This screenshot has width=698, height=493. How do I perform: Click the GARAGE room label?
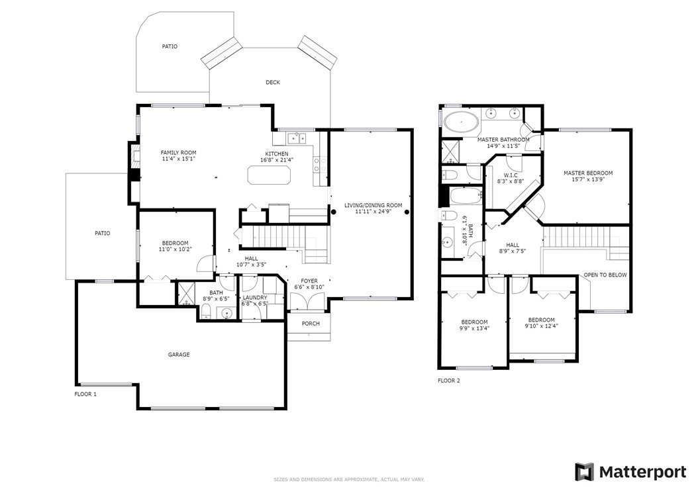tap(179, 355)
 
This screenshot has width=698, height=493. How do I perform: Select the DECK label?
tap(273, 82)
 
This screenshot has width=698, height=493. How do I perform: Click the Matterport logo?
tap(630, 472)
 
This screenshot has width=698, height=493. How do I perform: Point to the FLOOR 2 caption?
tap(449, 381)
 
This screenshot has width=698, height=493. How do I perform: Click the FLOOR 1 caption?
tap(85, 394)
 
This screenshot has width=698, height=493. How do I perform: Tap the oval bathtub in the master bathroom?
tap(462, 122)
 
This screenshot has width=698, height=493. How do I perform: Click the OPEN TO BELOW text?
tap(605, 275)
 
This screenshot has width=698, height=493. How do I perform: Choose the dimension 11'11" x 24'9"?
tap(373, 212)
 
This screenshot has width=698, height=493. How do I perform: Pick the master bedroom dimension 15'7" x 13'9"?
tap(588, 180)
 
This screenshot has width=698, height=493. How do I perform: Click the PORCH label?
tap(311, 324)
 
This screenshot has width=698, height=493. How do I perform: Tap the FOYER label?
tap(309, 281)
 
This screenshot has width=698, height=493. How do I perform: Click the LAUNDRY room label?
tap(255, 298)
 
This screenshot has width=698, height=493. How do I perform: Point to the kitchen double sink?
tap(297, 138)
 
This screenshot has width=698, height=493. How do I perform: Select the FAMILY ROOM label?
tap(179, 153)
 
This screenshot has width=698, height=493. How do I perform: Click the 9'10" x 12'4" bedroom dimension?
tap(541, 326)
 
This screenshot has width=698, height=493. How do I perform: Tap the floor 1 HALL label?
tap(251, 259)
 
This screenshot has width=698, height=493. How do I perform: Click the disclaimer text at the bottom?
tap(349, 480)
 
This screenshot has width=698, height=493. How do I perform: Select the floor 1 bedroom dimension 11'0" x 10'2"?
tap(175, 249)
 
